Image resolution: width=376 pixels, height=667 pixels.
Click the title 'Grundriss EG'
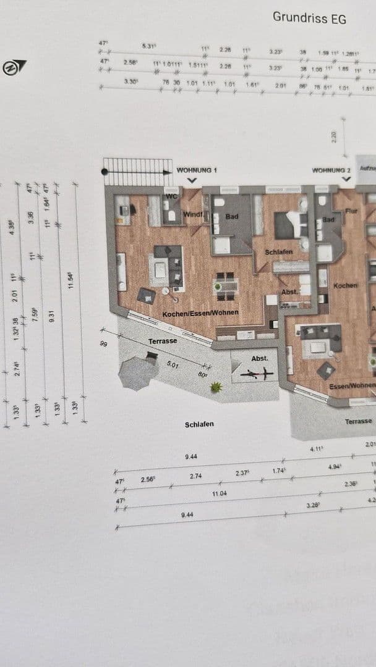click(x=309, y=17)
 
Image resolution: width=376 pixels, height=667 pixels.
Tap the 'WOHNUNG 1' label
click(x=197, y=170)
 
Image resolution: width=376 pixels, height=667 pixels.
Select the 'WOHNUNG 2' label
click(x=331, y=170)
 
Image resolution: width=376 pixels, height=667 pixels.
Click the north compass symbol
click(x=14, y=67)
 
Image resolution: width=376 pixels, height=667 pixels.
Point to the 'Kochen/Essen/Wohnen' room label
click(x=200, y=314)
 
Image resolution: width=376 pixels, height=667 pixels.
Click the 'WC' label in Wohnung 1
click(x=171, y=197)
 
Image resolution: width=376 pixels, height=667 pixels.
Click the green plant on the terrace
click(x=216, y=387)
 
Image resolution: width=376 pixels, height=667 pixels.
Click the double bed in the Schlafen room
click(x=291, y=225)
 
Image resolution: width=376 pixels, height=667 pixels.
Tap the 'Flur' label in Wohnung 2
click(x=352, y=211)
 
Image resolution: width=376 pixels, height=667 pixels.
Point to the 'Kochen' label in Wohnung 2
click(x=346, y=285)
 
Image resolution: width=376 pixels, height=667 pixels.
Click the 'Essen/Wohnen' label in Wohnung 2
click(x=352, y=386)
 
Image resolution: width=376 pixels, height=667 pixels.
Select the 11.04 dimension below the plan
click(x=220, y=494)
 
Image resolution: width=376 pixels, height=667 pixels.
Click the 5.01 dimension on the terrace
click(x=173, y=365)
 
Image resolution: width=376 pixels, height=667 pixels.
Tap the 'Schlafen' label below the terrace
click(x=199, y=424)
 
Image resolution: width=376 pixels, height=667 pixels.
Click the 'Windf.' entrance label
click(x=193, y=214)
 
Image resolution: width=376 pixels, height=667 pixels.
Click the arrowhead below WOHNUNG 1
click(x=192, y=180)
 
